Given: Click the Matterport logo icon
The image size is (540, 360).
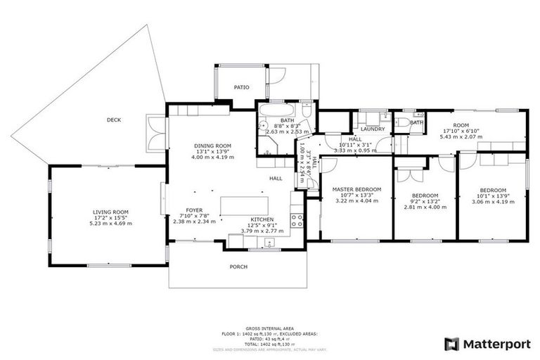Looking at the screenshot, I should [452, 344].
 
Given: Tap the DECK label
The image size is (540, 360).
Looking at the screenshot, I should [114, 120].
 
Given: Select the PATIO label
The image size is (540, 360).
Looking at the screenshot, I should [242, 87].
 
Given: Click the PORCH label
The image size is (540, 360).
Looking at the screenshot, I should [238, 266].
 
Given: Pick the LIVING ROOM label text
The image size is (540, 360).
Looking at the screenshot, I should [110, 212].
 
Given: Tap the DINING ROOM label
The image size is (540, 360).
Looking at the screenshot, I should [212, 146].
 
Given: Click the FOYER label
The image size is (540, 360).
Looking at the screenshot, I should [195, 210].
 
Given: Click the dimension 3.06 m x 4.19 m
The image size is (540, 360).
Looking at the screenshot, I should [493, 202].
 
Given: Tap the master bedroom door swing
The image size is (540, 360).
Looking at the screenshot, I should [328, 165].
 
